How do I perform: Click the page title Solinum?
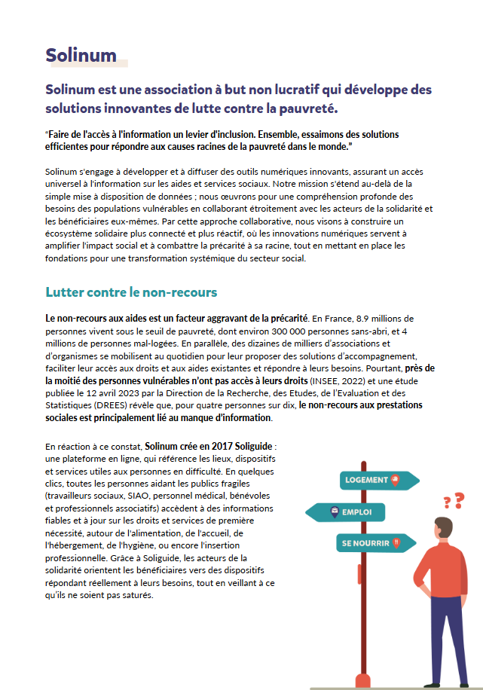point(81,55)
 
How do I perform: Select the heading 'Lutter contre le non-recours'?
point(131,292)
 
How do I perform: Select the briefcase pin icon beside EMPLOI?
point(335,512)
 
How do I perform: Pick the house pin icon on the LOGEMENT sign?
point(394,480)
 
